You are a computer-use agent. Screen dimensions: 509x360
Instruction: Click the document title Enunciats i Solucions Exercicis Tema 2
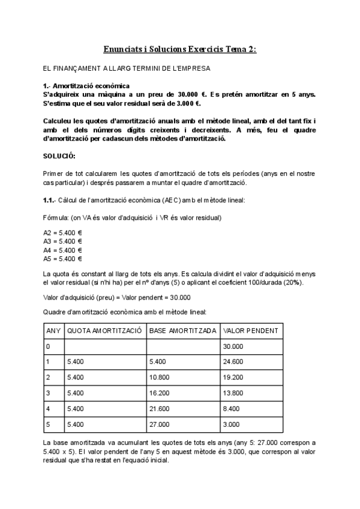[179, 50]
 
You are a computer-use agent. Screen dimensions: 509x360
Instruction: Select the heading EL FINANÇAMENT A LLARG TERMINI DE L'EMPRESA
[127, 69]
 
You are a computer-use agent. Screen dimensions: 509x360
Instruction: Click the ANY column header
[53, 331]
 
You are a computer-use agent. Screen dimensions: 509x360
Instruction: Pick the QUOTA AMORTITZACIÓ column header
[104, 331]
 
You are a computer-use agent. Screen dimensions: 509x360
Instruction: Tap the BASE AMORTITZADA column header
[183, 331]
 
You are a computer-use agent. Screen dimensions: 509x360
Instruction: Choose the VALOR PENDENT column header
[250, 331]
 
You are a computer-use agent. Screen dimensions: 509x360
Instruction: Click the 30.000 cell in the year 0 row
[235, 346]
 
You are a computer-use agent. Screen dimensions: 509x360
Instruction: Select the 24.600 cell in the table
[235, 362]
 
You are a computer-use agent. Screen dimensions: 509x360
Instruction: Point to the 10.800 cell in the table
[161, 378]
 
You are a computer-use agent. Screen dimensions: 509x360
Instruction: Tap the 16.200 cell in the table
[161, 393]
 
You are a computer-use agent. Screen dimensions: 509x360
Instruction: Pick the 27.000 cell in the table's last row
[161, 424]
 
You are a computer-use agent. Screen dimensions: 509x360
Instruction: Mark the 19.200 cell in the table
[235, 378]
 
